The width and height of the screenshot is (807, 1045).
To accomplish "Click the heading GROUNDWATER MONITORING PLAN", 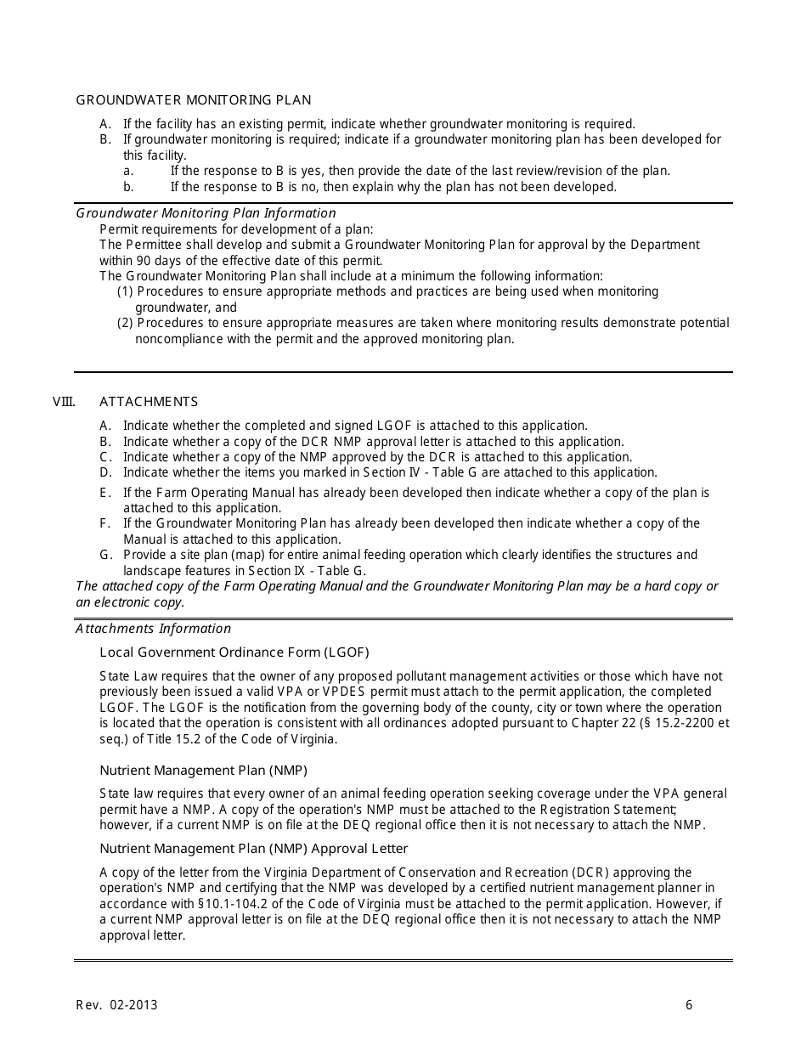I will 194,100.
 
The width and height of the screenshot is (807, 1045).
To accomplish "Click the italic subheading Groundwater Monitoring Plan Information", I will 206,213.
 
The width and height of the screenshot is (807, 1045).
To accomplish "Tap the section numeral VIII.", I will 64,402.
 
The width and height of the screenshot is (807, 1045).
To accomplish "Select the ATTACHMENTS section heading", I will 149,402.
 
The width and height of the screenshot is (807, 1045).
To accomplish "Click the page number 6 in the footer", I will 689,1005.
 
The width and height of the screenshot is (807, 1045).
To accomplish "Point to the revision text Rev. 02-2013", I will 116,1005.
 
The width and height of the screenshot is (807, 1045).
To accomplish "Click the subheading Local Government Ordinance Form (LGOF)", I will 234,652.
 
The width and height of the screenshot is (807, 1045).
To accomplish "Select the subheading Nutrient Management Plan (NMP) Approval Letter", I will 254,849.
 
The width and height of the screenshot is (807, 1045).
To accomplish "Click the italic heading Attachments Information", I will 153,629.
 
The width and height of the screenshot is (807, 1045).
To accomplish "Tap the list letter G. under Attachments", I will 105,555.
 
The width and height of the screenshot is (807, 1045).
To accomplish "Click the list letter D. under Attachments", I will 105,472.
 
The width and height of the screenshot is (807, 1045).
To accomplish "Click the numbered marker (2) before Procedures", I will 125,323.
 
